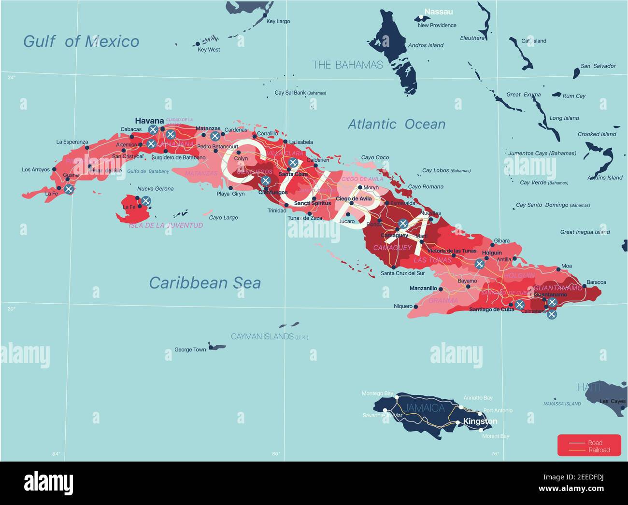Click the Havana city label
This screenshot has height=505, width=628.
pyautogui.click(x=149, y=121)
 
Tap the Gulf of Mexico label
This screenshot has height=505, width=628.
pyautogui.click(x=81, y=42)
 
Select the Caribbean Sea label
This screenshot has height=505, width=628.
pyautogui.click(x=205, y=282)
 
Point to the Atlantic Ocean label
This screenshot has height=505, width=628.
pyautogui.click(x=397, y=124)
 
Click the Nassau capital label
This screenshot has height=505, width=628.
pyautogui.click(x=439, y=12)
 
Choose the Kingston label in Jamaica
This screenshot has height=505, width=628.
pyautogui.click(x=480, y=421)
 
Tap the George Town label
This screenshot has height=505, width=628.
pyautogui.click(x=190, y=350)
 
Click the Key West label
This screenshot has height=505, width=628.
pyautogui.click(x=209, y=50)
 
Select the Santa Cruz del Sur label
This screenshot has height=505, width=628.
pyautogui.click(x=403, y=273)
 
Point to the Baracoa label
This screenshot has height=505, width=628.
pyautogui.click(x=596, y=282)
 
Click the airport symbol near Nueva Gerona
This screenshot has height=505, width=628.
pyautogui.click(x=145, y=201)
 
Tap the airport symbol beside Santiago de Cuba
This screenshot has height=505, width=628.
pyautogui.click(x=519, y=305)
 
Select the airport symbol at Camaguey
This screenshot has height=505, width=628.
pyautogui.click(x=403, y=224)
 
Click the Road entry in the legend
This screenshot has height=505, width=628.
pyautogui.click(x=595, y=443)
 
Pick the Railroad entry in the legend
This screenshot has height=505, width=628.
pyautogui.click(x=599, y=450)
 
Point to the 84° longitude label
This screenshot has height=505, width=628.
pyautogui.click(x=57, y=453)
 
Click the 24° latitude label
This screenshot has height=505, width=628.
pyautogui.click(x=11, y=77)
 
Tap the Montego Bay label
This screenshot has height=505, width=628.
pyautogui.click(x=377, y=393)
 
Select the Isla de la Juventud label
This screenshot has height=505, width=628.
pyautogui.click(x=166, y=225)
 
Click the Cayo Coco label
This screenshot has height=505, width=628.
pyautogui.click(x=375, y=157)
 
